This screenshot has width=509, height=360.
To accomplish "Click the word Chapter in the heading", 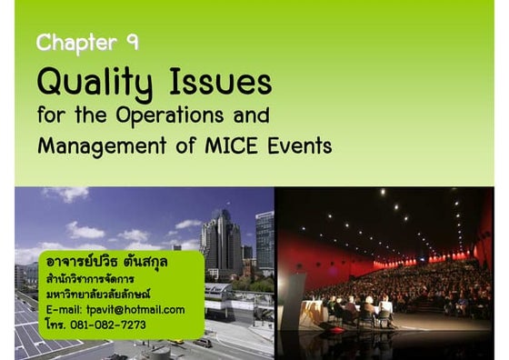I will [76, 43].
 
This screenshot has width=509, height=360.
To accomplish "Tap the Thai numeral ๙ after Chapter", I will [133, 43].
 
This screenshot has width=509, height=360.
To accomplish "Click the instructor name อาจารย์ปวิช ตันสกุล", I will [107, 264].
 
